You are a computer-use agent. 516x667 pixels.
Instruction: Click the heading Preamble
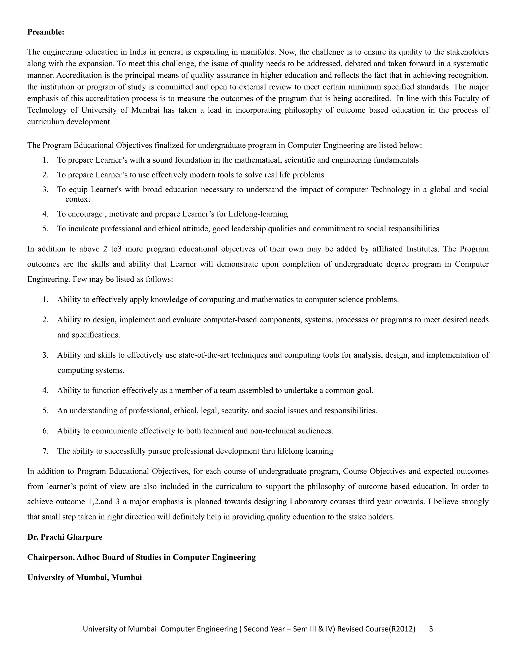pos(46,32)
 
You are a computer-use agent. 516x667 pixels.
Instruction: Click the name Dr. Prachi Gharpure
pos(65,537)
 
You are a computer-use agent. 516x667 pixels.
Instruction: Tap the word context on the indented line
pos(78,199)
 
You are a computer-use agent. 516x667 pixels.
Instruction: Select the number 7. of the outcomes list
pos(46,451)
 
